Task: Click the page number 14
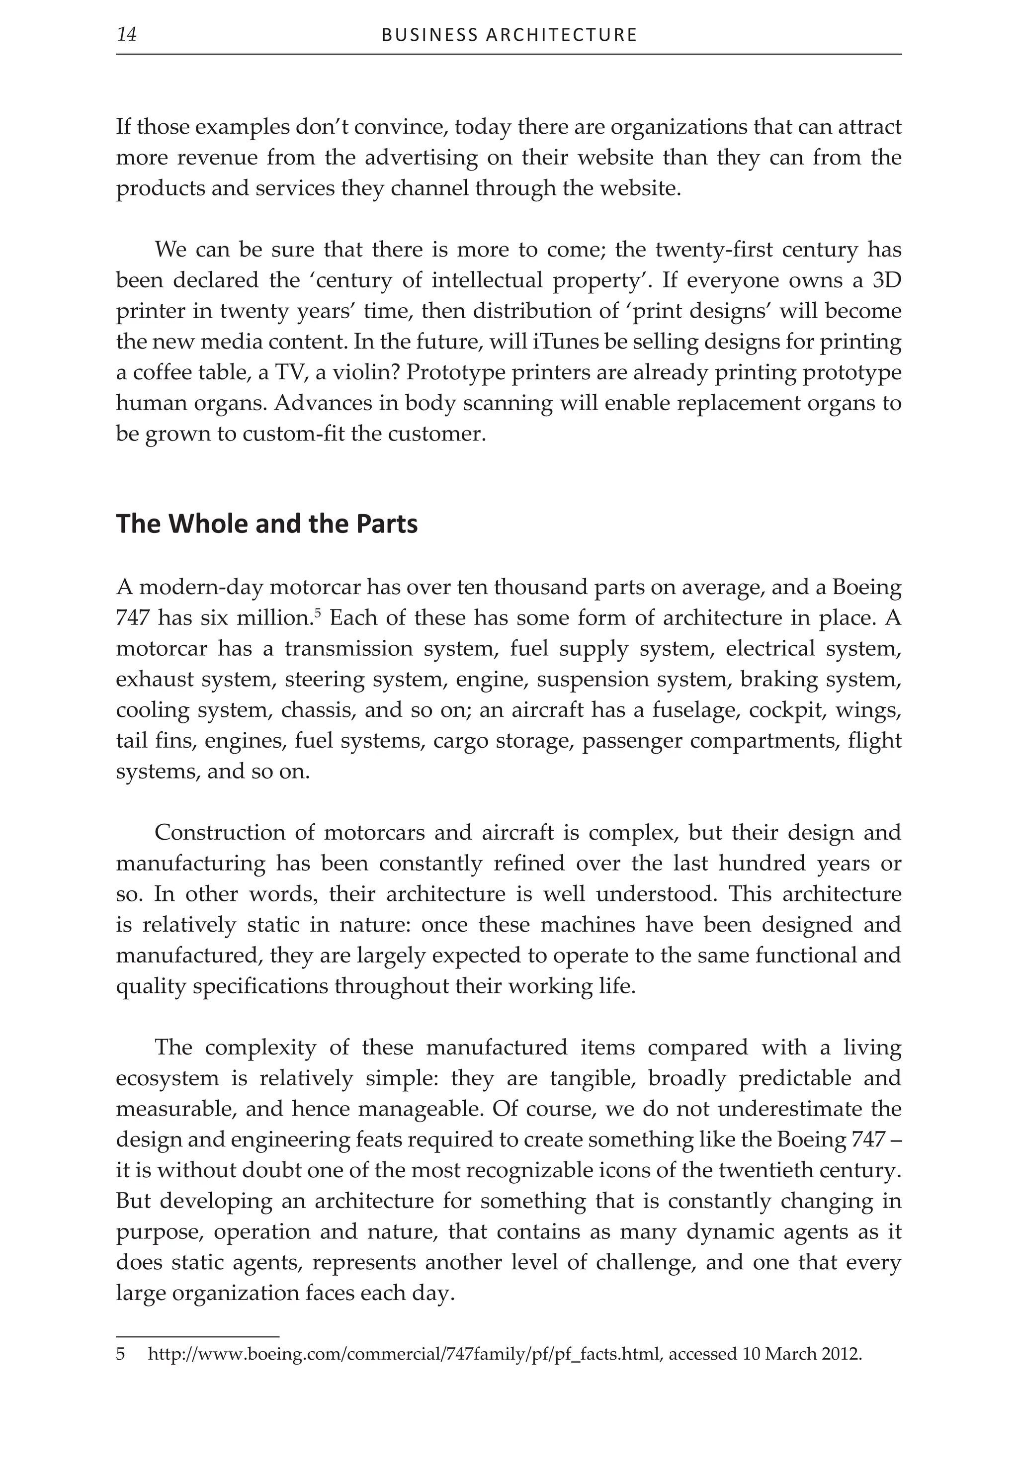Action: tap(127, 34)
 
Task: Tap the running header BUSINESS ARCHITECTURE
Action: tap(509, 35)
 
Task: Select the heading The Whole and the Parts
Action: tap(266, 524)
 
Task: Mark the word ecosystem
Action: tap(168, 1079)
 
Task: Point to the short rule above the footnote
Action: tap(198, 1336)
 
